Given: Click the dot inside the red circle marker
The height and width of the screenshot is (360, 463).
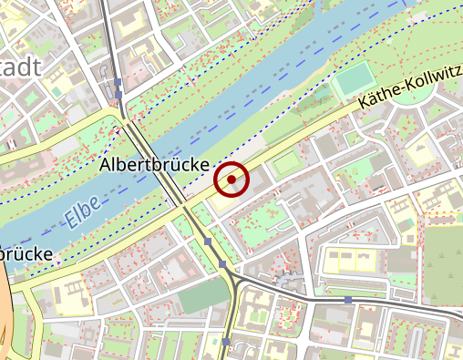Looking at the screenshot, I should [232, 180].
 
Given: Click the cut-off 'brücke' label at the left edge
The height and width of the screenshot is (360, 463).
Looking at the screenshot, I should [25, 254].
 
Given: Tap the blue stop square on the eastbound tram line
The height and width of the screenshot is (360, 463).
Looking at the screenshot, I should [348, 299].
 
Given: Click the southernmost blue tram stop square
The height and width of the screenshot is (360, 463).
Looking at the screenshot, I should [225, 342].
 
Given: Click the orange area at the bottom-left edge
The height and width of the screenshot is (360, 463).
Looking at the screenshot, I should [5, 319].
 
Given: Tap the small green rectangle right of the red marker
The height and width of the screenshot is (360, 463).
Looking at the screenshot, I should [285, 164].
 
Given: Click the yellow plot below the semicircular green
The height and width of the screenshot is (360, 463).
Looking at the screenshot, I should [420, 151].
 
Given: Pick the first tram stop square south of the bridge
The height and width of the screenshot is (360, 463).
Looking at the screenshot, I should [208, 242].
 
